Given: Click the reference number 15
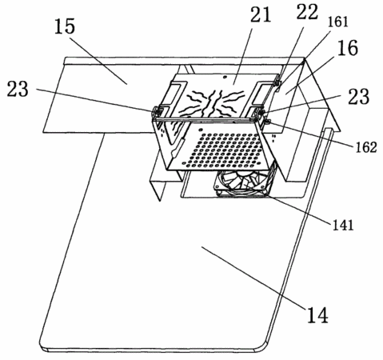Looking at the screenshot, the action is click(x=65, y=27).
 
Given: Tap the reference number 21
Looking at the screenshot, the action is click(x=261, y=14).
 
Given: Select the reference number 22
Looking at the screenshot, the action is click(x=307, y=12).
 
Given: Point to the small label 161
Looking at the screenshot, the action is click(x=337, y=22).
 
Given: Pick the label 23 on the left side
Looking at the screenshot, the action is click(x=18, y=89).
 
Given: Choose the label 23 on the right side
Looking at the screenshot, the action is click(x=358, y=97).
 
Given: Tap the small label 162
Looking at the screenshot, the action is click(x=366, y=147).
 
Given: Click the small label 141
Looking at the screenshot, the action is click(x=343, y=226).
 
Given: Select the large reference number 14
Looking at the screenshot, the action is click(x=317, y=315).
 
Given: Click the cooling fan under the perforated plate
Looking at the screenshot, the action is click(x=242, y=184).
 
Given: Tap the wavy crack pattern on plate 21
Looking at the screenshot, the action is click(x=213, y=102).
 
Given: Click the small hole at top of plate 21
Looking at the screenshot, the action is click(x=225, y=77).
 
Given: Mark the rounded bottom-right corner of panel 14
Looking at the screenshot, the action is click(x=262, y=346).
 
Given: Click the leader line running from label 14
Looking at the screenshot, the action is click(x=253, y=278).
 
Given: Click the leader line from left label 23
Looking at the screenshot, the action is click(x=95, y=101).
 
